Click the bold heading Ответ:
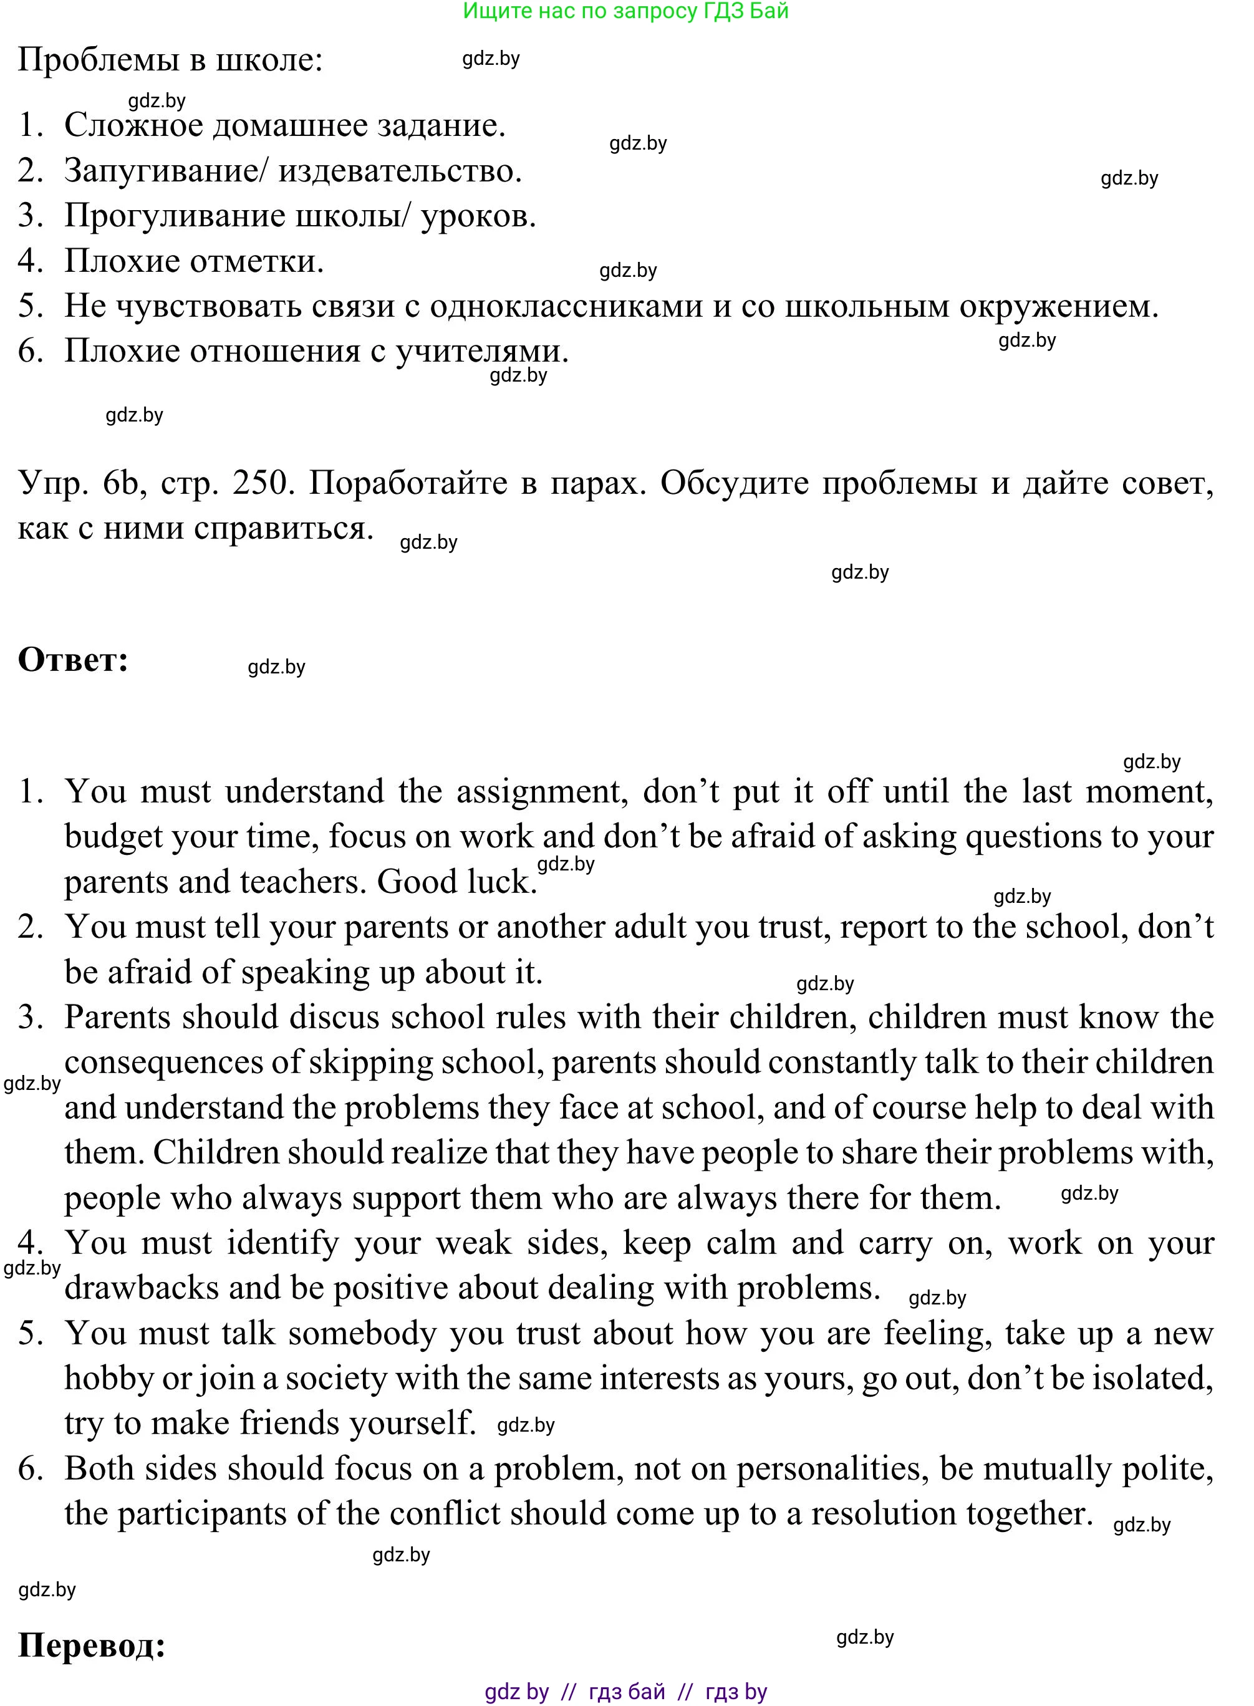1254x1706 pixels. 73,660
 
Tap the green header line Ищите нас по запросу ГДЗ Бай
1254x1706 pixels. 625,11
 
